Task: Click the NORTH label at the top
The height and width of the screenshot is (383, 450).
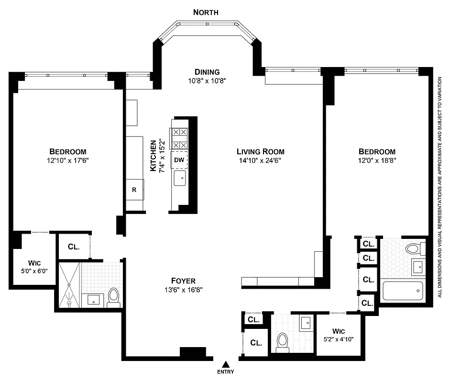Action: tap(206, 12)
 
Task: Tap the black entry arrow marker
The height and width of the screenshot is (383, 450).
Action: tap(225, 364)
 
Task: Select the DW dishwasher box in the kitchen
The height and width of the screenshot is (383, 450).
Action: tap(179, 160)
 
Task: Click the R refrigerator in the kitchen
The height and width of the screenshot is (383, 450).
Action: tap(134, 190)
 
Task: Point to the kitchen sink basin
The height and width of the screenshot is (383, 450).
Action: tap(180, 178)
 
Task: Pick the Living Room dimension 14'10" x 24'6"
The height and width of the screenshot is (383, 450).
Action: tap(261, 161)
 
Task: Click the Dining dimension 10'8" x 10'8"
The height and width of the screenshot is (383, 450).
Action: tap(206, 81)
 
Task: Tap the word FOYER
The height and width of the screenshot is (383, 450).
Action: tap(183, 281)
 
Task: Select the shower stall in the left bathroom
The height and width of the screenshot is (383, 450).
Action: tap(69, 284)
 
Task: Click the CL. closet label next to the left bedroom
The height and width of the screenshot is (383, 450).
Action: tap(73, 247)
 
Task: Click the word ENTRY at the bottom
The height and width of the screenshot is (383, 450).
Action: tap(225, 372)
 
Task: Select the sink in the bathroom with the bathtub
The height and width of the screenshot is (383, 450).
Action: tap(417, 267)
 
